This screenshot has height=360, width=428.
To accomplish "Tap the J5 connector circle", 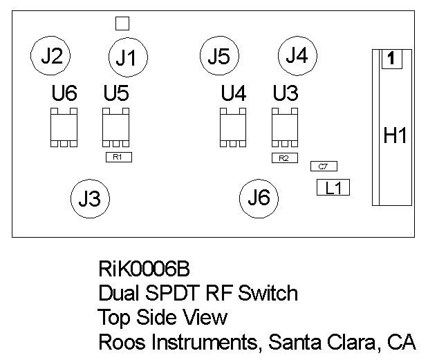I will [x=218, y=57].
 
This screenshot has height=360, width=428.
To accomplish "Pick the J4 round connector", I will [x=297, y=55].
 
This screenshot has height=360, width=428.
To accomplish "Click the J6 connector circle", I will [x=259, y=198].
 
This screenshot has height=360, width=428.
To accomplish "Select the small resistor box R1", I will [x=118, y=157].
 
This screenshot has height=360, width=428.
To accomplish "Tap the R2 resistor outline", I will [x=283, y=158].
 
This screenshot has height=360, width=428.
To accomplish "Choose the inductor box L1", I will [x=333, y=187].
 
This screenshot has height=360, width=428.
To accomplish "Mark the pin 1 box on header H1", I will [x=391, y=59].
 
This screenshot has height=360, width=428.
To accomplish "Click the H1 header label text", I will [x=396, y=136].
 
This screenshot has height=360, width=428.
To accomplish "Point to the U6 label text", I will [x=64, y=93].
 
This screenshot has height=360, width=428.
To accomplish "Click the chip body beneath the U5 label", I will [x=116, y=126].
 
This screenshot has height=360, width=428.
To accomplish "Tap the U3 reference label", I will [x=286, y=93].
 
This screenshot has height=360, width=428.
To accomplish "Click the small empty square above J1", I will [x=122, y=23].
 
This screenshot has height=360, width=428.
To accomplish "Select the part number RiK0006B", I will [x=144, y=268].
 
